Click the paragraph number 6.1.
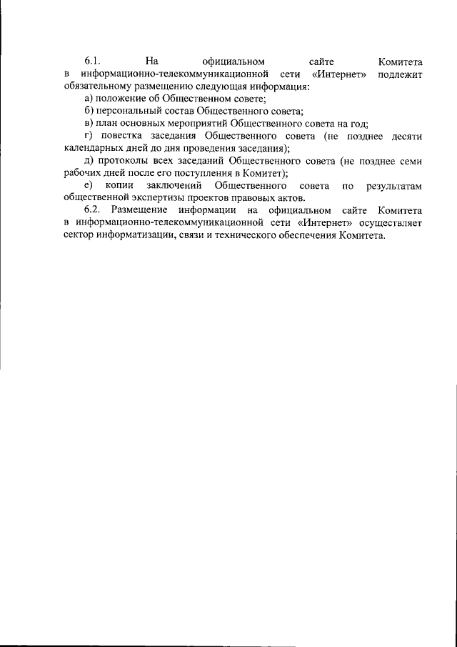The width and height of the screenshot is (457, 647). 93,61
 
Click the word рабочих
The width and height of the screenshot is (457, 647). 81,173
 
